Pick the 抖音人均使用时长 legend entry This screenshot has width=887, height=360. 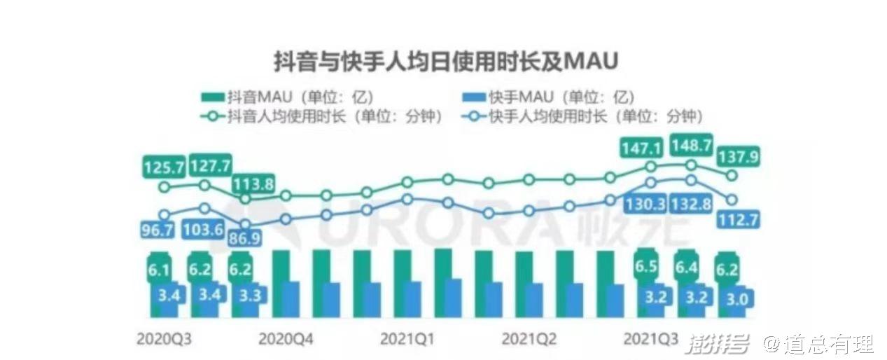tap(322, 116)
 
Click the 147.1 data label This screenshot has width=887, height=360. tap(642, 148)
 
